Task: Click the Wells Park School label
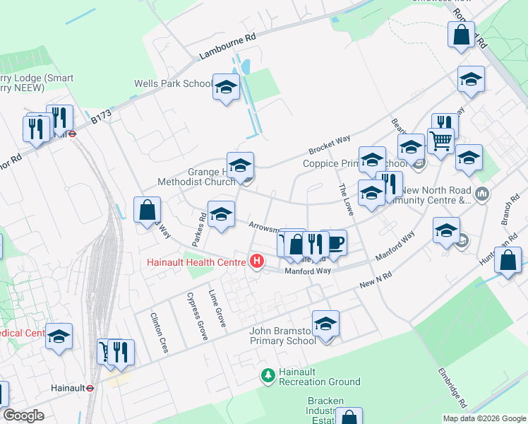pyautogui.click(x=173, y=84)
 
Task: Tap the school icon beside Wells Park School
pyautogui.click(x=226, y=88)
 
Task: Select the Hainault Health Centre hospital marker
pyautogui.click(x=257, y=262)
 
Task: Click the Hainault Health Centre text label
pyautogui.click(x=196, y=263)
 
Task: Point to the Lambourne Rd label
pyautogui.click(x=227, y=47)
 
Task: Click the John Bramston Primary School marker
pyautogui.click(x=325, y=324)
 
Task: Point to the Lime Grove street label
pyautogui.click(x=217, y=308)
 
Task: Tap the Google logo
pyautogui.click(x=24, y=416)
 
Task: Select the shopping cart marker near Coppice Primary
pyautogui.click(x=440, y=140)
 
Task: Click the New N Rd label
pyautogui.click(x=375, y=279)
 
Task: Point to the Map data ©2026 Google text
pyautogui.click(x=484, y=418)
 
